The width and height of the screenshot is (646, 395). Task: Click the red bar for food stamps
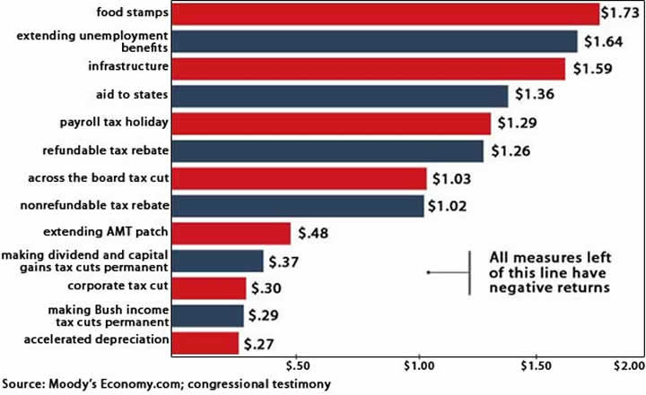tap(386, 13)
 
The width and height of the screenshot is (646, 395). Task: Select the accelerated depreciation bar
tap(205, 343)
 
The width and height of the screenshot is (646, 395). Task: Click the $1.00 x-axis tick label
tap(419, 366)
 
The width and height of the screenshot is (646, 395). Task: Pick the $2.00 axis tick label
tap(625, 366)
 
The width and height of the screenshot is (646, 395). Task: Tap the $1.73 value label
tap(622, 14)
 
